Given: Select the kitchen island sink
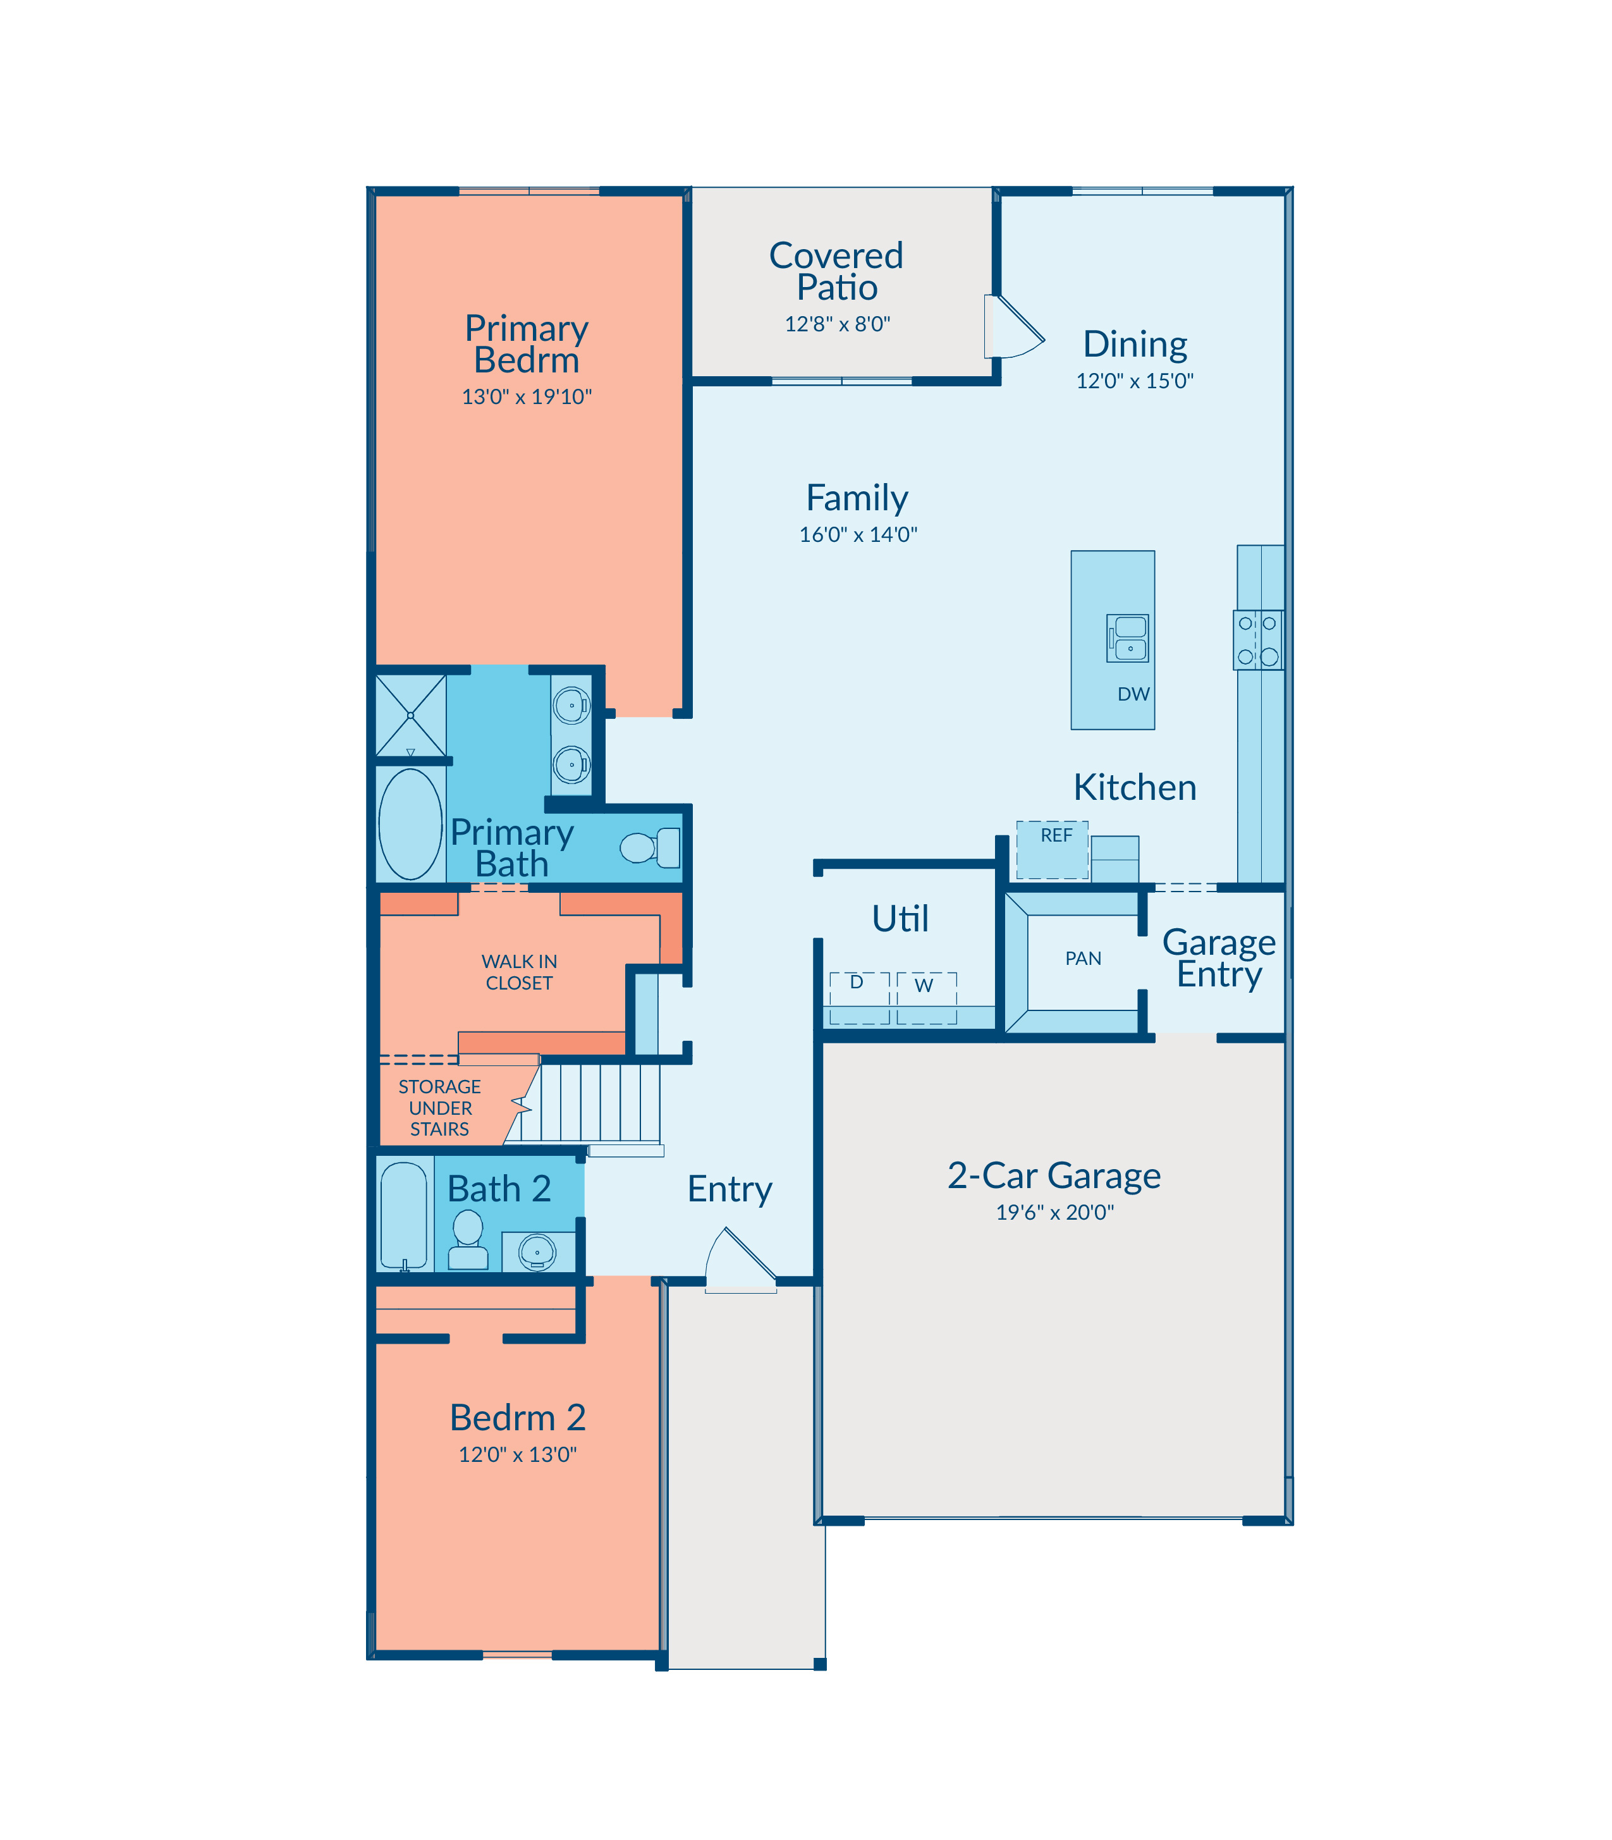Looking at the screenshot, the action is pos(1127,638).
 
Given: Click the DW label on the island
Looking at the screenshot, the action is pos(1133,694).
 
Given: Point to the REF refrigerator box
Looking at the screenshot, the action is pos(1053,849).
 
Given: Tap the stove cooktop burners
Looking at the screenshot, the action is pos(1257,640).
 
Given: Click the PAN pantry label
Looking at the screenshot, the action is pos(1083,958).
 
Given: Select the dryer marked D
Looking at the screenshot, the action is pos(859,998).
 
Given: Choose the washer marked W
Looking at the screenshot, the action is pos(927,998).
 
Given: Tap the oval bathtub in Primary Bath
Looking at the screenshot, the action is pos(410,823).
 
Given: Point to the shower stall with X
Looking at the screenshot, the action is pos(410,715).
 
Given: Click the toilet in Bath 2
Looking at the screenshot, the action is pos(468,1239).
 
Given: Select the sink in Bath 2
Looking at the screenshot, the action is pos(538,1251).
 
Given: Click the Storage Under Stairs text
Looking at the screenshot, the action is pos(440,1108).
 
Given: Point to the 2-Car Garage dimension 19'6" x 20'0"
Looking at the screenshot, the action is pos(1054,1212).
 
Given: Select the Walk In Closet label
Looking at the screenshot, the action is pos(519,972).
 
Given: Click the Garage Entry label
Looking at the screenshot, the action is pos(1219,958).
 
